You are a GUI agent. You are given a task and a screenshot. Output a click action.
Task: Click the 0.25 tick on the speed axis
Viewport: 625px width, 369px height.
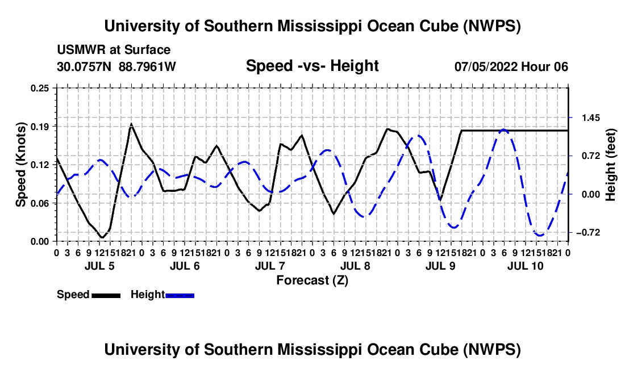click(39, 88)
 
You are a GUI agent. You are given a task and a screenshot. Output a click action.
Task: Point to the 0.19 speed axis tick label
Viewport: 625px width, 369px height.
click(39, 127)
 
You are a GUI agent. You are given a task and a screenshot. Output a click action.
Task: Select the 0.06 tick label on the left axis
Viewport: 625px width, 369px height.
click(39, 203)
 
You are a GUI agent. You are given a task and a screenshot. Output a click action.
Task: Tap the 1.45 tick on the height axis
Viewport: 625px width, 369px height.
click(591, 118)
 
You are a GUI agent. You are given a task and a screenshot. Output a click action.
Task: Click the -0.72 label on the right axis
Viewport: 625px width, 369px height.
click(588, 232)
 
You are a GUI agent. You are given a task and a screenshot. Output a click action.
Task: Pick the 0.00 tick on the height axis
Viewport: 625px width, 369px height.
click(591, 195)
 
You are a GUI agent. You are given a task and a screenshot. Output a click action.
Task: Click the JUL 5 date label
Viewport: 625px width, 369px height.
click(99, 266)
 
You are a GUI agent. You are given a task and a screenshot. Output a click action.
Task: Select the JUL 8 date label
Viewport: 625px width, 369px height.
click(355, 266)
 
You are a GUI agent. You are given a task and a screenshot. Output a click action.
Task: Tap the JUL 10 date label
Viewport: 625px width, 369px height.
click(526, 266)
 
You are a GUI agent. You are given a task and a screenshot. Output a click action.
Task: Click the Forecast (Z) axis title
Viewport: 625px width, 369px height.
click(312, 280)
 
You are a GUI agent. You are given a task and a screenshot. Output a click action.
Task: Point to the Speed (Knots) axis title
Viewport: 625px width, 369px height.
click(20, 165)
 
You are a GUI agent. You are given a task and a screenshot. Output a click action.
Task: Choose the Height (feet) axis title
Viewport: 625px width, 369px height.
click(611, 165)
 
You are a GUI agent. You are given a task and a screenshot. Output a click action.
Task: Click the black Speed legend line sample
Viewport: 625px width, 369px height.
click(106, 295)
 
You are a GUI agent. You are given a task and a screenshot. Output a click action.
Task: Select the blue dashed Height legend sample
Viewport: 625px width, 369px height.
click(180, 295)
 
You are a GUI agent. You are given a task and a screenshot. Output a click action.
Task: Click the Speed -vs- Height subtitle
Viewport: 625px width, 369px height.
click(312, 66)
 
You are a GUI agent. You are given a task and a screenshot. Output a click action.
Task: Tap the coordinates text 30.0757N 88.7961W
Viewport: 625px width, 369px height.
click(116, 66)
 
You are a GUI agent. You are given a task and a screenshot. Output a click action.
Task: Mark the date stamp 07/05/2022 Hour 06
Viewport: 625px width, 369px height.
click(511, 66)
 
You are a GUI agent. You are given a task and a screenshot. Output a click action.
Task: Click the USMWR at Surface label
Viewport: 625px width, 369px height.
click(114, 50)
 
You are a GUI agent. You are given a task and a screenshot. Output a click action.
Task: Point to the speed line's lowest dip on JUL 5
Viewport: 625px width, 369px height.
click(102, 238)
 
